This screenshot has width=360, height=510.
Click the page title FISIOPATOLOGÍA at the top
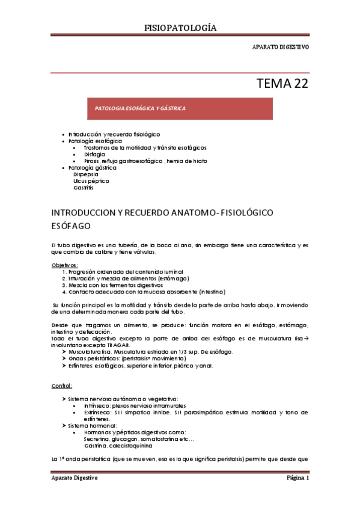tap(180, 28)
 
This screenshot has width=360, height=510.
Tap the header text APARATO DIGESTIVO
tap(281, 47)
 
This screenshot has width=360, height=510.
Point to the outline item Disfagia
tap(95, 154)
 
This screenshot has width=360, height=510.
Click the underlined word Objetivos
tap(65, 265)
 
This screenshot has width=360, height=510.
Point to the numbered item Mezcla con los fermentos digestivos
tap(115, 285)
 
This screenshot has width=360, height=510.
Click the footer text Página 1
tap(297, 478)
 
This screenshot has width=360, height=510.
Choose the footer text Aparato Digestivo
tap(75, 478)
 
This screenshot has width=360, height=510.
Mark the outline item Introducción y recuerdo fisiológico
tap(114, 134)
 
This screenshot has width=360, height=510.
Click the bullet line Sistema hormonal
tap(91, 426)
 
